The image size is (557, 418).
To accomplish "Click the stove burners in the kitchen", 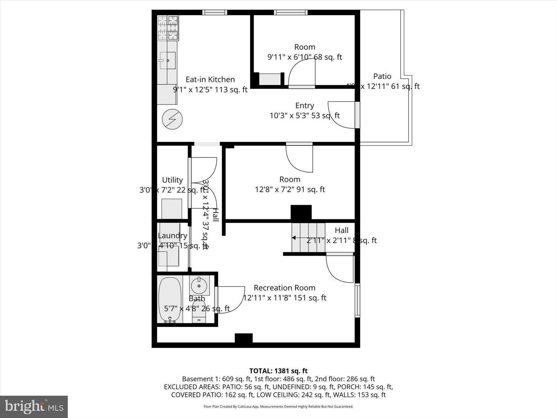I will [x=168, y=28].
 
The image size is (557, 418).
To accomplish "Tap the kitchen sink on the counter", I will [x=168, y=61].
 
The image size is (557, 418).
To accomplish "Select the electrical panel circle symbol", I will [x=172, y=119].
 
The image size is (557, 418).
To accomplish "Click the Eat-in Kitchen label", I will [x=210, y=79].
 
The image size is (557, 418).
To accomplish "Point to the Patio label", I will [x=382, y=76].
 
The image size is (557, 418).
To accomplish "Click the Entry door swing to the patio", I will [x=341, y=115].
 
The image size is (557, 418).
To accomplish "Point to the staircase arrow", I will [x=294, y=238].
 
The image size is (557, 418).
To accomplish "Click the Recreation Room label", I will [x=284, y=288].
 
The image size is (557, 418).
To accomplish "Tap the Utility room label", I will [x=172, y=180].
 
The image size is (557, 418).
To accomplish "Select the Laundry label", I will [x=172, y=236].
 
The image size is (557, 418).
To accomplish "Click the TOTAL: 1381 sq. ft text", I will [x=278, y=371].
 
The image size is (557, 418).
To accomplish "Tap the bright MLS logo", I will [x=34, y=407].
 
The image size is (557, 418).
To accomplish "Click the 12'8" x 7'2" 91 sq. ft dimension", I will [x=290, y=189].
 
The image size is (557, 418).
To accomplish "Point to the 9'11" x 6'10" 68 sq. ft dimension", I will [x=304, y=57].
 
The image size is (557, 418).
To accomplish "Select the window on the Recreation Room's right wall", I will [x=357, y=300].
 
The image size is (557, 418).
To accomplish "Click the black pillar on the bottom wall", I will [x=243, y=338].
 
